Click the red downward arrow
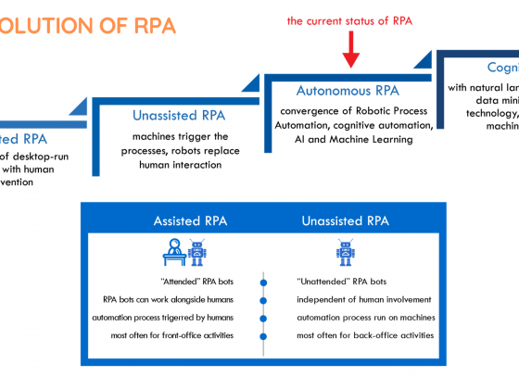350,50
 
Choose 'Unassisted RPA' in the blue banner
344,220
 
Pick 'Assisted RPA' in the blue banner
191,220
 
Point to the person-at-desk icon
173,251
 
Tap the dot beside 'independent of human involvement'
264,299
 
